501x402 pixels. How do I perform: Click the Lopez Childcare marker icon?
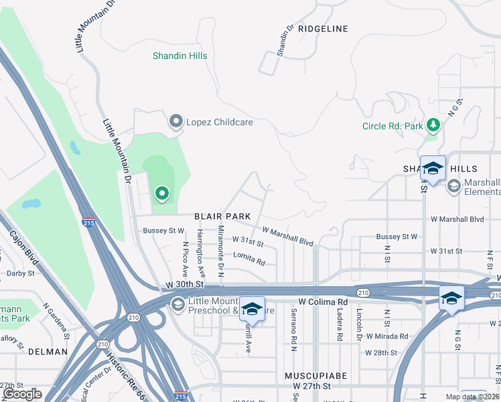[176, 121]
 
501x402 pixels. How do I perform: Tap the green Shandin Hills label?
[179, 56]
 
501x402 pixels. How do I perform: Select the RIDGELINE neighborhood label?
[324, 29]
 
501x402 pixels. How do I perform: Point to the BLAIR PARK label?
[222, 216]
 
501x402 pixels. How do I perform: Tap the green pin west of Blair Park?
[161, 194]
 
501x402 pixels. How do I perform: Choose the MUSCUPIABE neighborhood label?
[315, 377]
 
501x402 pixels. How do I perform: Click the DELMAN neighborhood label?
[48, 351]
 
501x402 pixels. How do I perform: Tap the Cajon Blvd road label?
[23, 249]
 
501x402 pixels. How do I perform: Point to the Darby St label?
[20, 273]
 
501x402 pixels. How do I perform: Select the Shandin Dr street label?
[285, 41]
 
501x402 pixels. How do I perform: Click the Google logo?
[23, 394]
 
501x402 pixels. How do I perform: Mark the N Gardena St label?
[56, 319]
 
